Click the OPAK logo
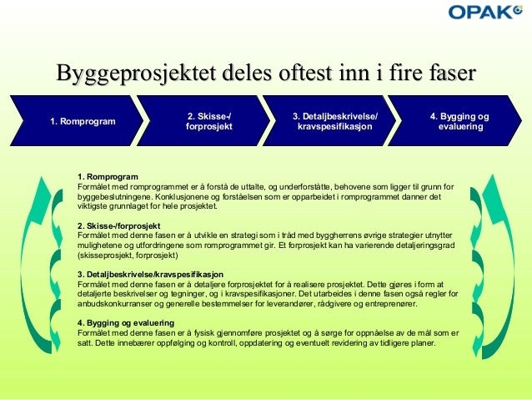(481, 13)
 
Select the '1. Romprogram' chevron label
(83, 122)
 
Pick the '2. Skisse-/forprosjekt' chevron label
(209, 121)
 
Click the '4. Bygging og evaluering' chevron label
(459, 121)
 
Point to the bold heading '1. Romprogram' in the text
(106, 177)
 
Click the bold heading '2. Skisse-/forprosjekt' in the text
(118, 225)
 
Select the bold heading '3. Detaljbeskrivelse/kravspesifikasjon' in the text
(150, 274)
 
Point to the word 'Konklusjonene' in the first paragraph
(175, 196)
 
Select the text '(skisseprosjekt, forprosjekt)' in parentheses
(129, 256)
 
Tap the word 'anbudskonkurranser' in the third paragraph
(114, 303)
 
